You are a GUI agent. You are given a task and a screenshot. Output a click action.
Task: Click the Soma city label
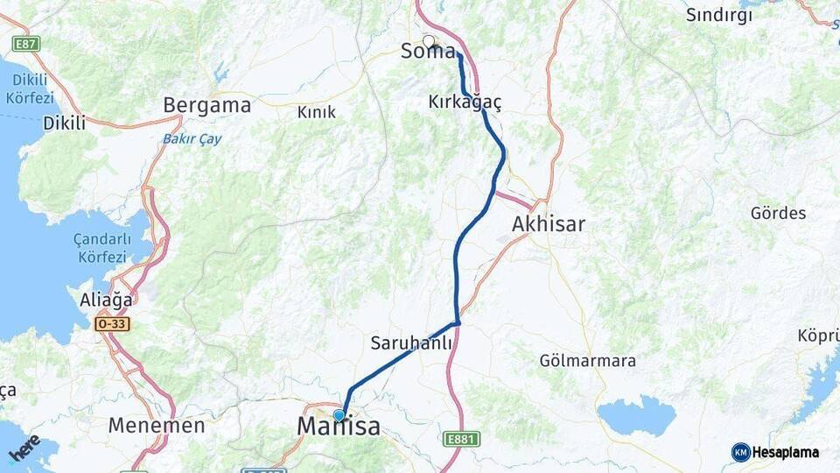(428, 52)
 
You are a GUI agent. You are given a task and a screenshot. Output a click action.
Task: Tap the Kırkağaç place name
(465, 102)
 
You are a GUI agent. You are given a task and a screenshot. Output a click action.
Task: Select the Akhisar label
(548, 224)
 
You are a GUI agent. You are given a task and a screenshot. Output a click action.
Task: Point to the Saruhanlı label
(411, 343)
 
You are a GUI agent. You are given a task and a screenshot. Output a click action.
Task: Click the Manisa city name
(339, 427)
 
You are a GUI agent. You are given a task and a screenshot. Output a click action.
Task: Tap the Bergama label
(206, 106)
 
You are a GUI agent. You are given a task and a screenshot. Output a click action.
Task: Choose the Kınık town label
(317, 112)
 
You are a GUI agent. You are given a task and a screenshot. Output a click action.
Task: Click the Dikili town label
(64, 124)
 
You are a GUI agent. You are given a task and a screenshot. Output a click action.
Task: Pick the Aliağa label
(106, 299)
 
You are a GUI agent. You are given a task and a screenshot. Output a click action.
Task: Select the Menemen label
(157, 427)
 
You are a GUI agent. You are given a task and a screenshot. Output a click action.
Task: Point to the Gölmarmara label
(587, 361)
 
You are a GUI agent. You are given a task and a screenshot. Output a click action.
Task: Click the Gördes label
(778, 213)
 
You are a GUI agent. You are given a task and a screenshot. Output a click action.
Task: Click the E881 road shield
(460, 438)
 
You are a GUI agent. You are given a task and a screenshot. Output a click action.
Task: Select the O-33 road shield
(113, 324)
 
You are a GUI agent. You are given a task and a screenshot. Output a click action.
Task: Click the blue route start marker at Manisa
(339, 415)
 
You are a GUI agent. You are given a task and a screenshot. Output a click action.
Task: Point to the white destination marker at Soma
(429, 40)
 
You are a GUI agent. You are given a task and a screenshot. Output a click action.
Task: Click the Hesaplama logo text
(785, 453)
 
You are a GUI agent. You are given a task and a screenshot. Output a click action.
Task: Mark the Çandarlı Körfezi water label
(103, 249)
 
